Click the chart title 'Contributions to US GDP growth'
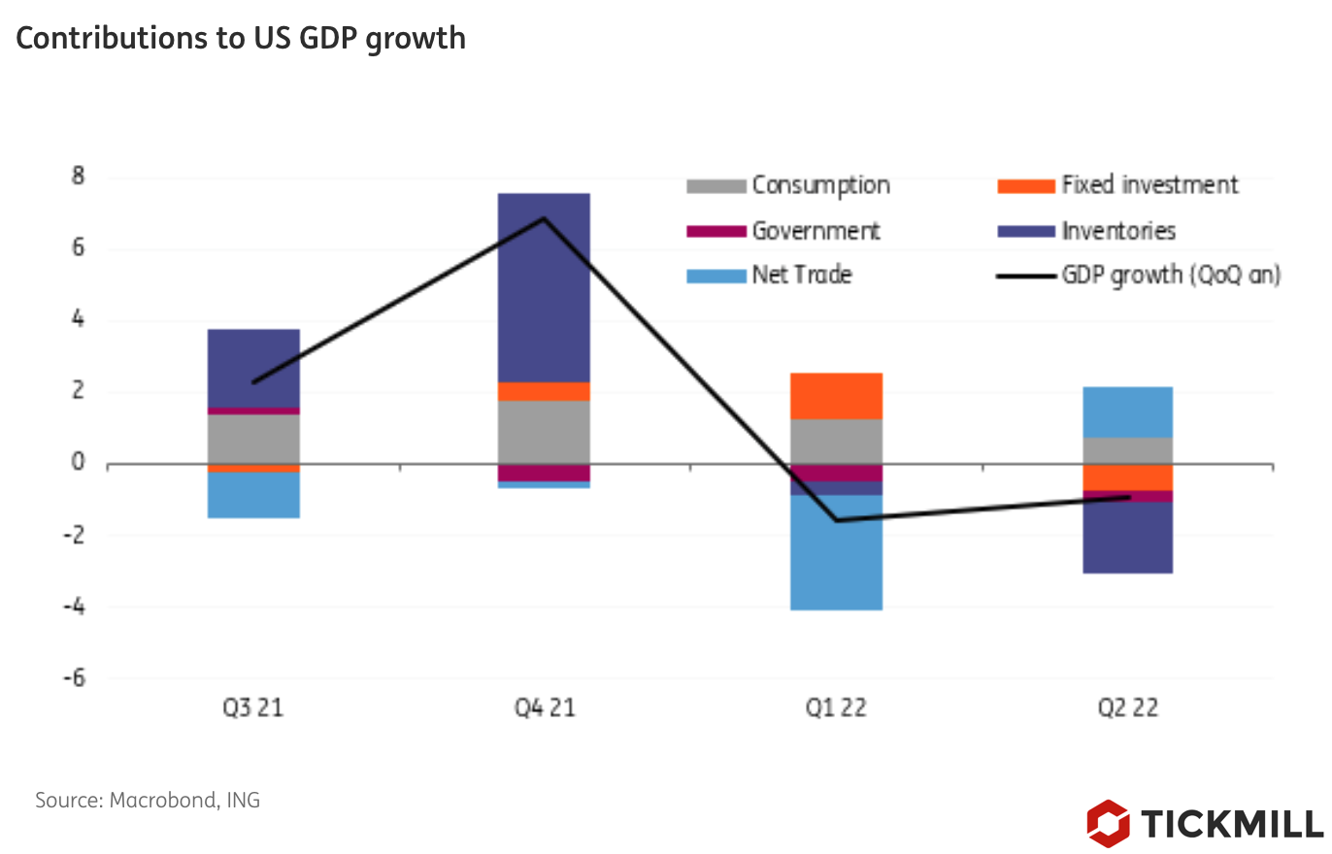[241, 38]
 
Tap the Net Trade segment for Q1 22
[836, 553]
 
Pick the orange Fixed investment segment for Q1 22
[836, 396]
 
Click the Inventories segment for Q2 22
[1127, 538]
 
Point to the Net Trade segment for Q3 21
[253, 495]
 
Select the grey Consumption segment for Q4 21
[544, 433]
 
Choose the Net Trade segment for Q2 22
[1127, 412]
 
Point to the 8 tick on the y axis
[78, 178]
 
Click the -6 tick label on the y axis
[74, 678]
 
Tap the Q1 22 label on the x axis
[836, 708]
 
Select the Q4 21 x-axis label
[544, 708]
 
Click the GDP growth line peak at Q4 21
[544, 217]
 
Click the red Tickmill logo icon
[1108, 823]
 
